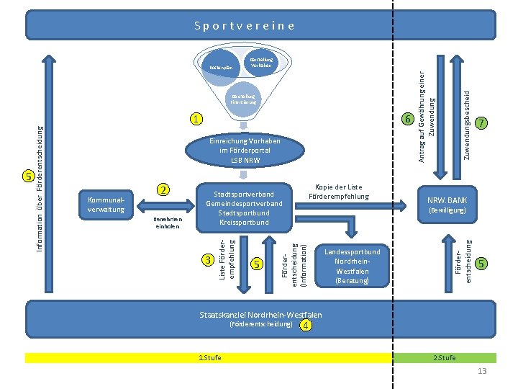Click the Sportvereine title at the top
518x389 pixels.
coord(245,25)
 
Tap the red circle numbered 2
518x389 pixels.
coord(164,189)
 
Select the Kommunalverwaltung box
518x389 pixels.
coord(105,204)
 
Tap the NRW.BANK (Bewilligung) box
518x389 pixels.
coord(447,205)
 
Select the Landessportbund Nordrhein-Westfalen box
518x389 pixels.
coord(352,266)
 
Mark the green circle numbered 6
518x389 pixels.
coord(406,119)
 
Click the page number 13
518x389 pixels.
coord(482,370)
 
